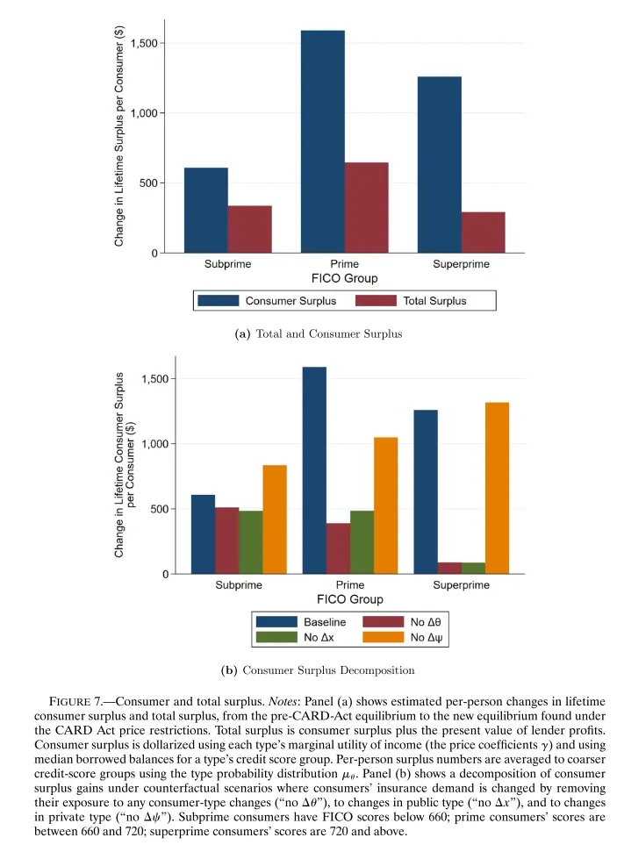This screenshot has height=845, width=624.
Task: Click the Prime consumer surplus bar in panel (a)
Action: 322,142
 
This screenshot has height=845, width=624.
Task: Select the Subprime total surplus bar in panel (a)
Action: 249,230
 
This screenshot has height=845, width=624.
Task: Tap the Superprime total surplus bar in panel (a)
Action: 483,233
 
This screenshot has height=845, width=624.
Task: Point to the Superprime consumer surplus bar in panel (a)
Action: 439,165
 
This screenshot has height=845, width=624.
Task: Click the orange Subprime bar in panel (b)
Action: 274,519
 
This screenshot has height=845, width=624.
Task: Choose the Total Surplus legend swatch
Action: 376,301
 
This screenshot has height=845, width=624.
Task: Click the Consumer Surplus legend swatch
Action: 219,301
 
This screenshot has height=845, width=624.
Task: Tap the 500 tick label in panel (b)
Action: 149,509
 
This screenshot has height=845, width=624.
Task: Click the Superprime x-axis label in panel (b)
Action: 462,586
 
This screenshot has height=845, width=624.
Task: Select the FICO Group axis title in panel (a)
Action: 345,279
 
